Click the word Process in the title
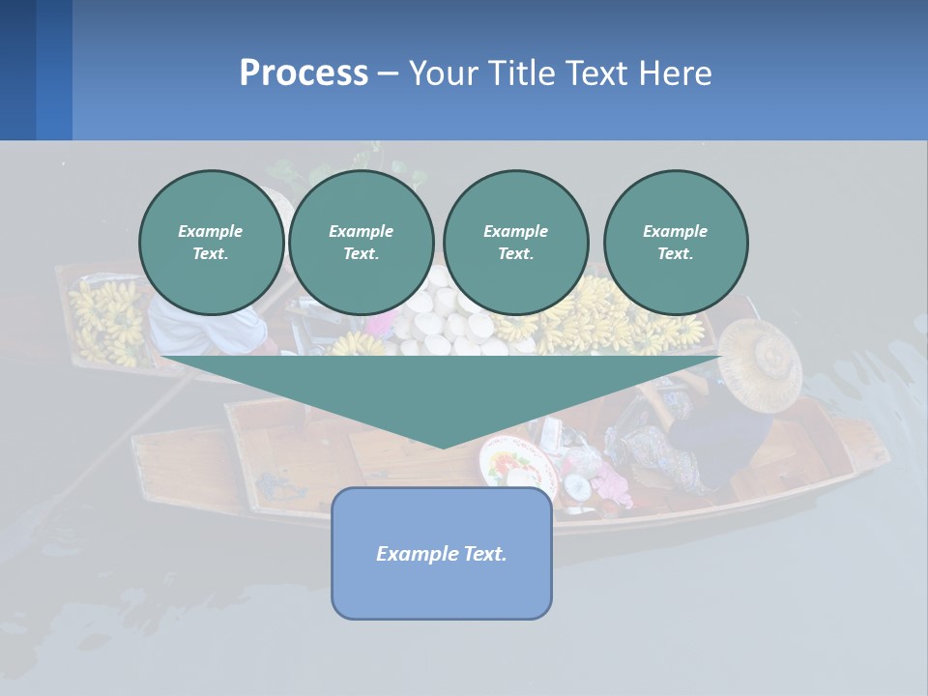pos(304,73)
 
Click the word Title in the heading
pos(518,73)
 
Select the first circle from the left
pos(211,243)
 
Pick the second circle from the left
pos(362,243)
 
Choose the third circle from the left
pos(515,243)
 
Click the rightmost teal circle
pos(676,243)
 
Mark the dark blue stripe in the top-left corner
pos(17,70)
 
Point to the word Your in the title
pos(446,73)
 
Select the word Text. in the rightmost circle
pos(676,254)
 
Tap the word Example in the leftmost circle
pos(211,231)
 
